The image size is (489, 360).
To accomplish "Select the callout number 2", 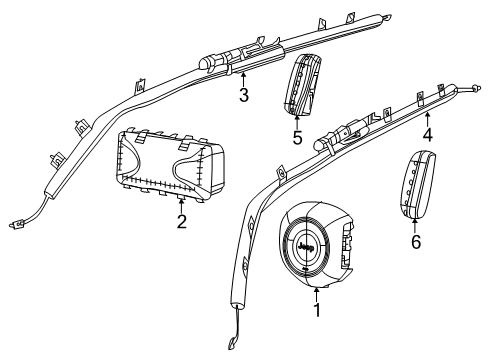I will coord(181,221).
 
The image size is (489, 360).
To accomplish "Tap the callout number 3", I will coord(243,95).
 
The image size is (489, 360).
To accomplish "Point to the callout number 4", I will coord(426,134).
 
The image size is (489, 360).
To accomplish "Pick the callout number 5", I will coord(296,137).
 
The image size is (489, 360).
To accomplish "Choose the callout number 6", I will coord(416,242).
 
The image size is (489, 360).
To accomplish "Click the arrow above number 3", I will coord(243,79).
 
